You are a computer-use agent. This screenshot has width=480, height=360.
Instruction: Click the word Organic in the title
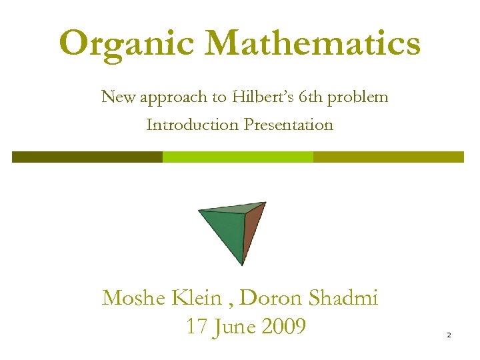click(127, 44)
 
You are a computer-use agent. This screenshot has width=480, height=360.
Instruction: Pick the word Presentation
click(289, 125)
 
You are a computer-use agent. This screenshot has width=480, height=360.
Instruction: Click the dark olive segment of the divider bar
click(87, 157)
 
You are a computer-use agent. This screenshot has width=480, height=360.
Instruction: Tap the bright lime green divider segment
click(238, 157)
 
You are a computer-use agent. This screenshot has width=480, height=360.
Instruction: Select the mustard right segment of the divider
click(388, 157)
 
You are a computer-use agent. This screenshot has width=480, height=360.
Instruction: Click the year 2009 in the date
click(284, 327)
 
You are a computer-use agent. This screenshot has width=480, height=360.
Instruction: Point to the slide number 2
click(449, 335)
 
